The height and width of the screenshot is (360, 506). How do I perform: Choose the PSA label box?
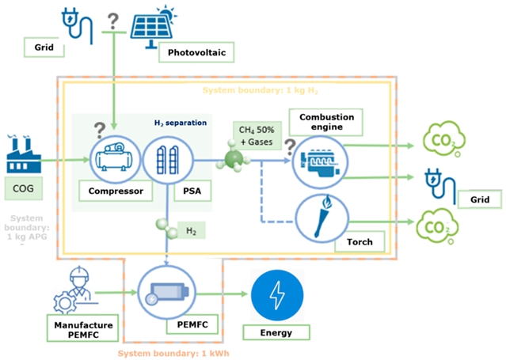coord(188,190)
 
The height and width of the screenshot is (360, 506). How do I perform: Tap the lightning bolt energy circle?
coord(276,294)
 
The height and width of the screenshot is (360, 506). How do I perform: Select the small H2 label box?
coord(191,230)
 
